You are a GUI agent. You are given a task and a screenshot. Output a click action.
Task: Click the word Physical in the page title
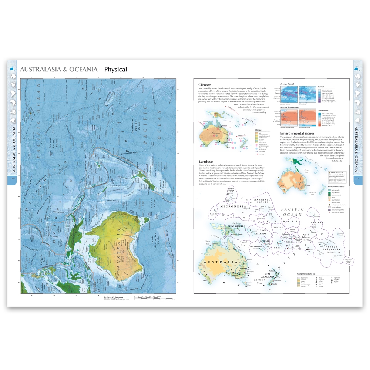pyautogui.click(x=115, y=69)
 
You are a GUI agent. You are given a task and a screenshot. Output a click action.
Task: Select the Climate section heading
pyautogui.click(x=206, y=85)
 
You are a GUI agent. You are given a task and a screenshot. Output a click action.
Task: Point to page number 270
pyautogui.click(x=13, y=179)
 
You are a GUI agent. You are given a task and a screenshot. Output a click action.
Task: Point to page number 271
pyautogui.click(x=357, y=179)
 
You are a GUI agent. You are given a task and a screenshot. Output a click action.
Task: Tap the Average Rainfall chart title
pyautogui.click(x=289, y=84)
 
